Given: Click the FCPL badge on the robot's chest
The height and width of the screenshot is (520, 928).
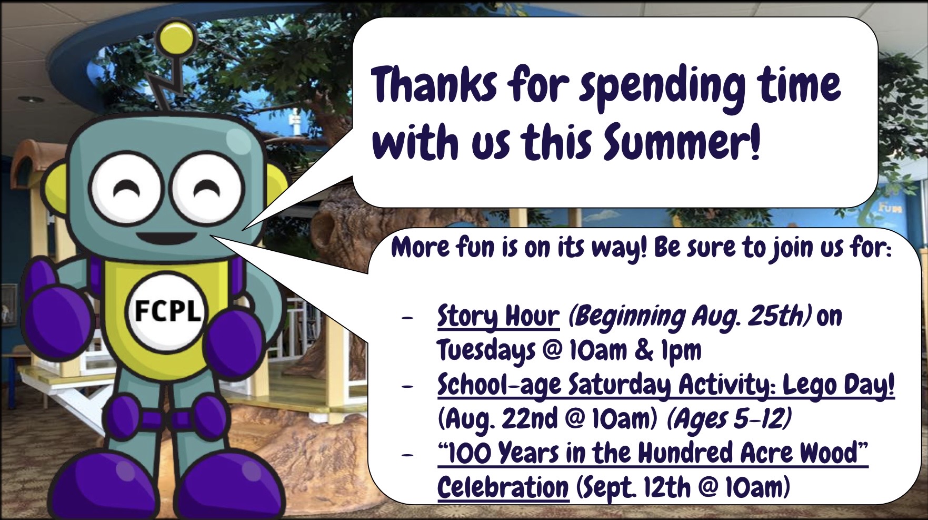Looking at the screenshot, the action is pos(168,312).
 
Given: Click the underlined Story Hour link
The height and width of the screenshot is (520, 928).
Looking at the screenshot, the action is pos(498,317).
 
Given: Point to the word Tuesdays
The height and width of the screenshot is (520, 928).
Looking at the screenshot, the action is pos(486,351).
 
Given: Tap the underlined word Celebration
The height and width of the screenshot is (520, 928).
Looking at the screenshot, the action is pos(503,487).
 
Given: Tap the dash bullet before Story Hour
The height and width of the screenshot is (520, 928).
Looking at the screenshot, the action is pos(406,318).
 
